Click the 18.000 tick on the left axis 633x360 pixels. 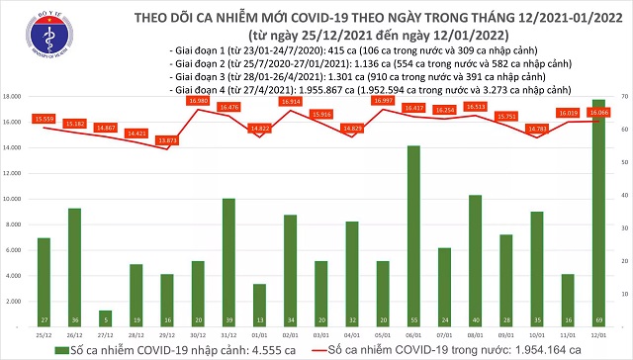(13, 97)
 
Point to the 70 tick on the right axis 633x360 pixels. (622, 97)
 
